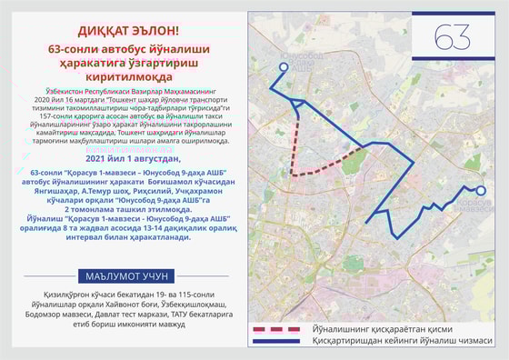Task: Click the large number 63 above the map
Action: [451, 38]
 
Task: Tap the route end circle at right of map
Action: [482, 192]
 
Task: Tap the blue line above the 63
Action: [451, 15]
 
